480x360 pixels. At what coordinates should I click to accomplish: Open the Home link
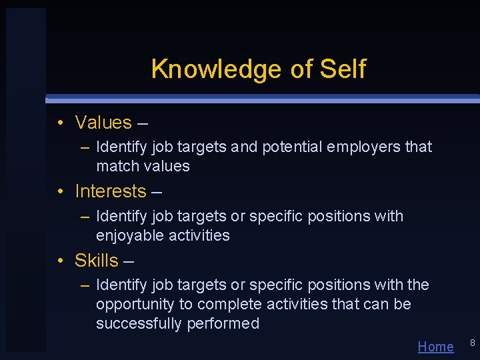pyautogui.click(x=435, y=347)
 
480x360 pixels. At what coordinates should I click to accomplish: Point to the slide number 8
pyautogui.click(x=472, y=343)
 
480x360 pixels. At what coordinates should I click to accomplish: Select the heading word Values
pyautogui.click(x=103, y=123)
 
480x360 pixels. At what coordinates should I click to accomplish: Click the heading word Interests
pyautogui.click(x=110, y=191)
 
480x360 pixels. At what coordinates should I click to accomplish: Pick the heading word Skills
pyautogui.click(x=97, y=261)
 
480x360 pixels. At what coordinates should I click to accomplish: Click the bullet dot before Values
pyautogui.click(x=60, y=123)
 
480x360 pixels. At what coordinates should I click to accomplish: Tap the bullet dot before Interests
pyautogui.click(x=60, y=191)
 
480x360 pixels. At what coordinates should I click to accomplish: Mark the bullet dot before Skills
pyautogui.click(x=60, y=261)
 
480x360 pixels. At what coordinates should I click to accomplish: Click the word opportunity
pyautogui.click(x=133, y=305)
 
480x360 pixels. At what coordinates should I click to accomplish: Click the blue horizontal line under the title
pyautogui.click(x=267, y=99)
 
